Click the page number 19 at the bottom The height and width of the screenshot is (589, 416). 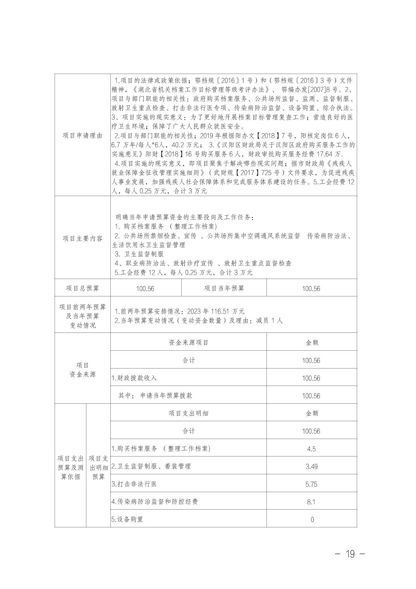[350, 554]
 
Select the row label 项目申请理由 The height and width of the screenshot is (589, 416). [83, 135]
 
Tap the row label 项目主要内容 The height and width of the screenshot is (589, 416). [83, 238]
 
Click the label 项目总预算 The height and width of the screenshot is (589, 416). [83, 288]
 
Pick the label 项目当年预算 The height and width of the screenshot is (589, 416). [224, 288]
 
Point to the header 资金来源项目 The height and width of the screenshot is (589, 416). [189, 343]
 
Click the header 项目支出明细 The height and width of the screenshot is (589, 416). [189, 413]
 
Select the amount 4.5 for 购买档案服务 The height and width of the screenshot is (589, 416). [311, 449]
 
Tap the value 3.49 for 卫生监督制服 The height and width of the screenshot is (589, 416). [311, 467]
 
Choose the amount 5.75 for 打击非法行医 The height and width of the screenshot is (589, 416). [311, 484]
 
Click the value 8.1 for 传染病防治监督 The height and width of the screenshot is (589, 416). [311, 502]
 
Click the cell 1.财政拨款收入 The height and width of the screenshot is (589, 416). [134, 378]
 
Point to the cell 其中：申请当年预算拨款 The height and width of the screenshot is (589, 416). [155, 396]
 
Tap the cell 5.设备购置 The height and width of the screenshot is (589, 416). [127, 520]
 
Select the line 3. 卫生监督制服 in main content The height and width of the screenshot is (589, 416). [139, 254]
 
